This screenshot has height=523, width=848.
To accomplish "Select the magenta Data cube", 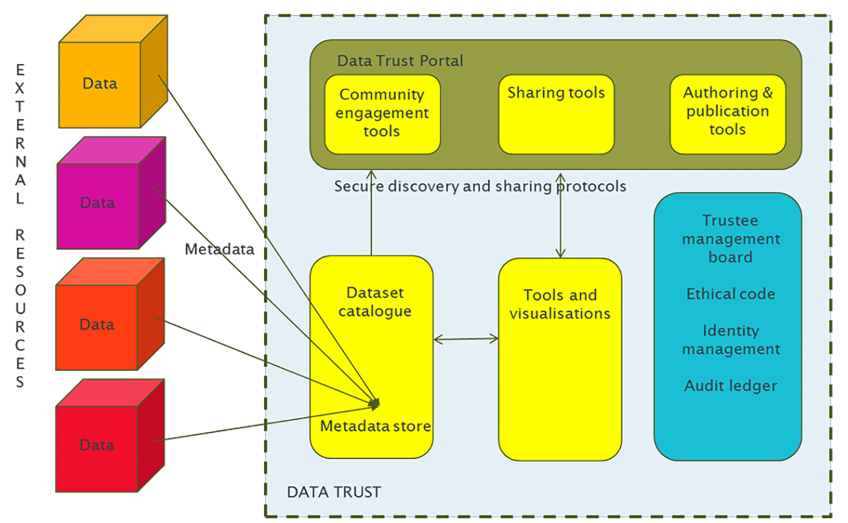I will pyautogui.click(x=98, y=203).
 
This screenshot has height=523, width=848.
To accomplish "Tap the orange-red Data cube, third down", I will pyautogui.click(x=97, y=325).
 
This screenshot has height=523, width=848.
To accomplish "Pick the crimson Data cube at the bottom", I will pyautogui.click(x=97, y=446).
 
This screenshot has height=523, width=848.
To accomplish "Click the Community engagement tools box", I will pyautogui.click(x=382, y=113).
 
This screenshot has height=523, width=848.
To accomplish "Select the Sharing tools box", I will pyautogui.click(x=556, y=113).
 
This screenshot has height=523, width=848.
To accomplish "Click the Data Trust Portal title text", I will pyautogui.click(x=400, y=61).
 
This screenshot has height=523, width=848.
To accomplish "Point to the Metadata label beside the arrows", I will pyautogui.click(x=219, y=249).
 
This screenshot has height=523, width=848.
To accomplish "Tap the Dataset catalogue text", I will pyautogui.click(x=374, y=302).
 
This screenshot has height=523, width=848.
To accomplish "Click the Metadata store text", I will pyautogui.click(x=376, y=426).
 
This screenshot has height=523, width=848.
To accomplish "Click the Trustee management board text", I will pyautogui.click(x=731, y=238).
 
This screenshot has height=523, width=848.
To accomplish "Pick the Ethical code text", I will pyautogui.click(x=731, y=294).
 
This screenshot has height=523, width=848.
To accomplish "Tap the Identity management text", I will pyautogui.click(x=731, y=340).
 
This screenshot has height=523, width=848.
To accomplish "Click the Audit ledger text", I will pyautogui.click(x=731, y=385).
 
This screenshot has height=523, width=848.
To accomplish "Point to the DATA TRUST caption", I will pyautogui.click(x=334, y=493).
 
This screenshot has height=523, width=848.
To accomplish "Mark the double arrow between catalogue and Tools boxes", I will pyautogui.click(x=466, y=340).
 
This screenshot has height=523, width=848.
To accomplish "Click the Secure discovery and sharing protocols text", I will pyautogui.click(x=480, y=187).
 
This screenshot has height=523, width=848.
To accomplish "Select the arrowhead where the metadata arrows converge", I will pyautogui.click(x=375, y=402).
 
